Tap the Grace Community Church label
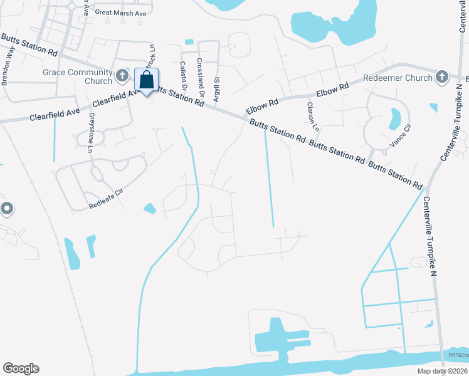pyautogui.click(x=77, y=72)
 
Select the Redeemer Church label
pyautogui.click(x=398, y=78)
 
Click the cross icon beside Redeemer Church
pyautogui.click(x=441, y=78)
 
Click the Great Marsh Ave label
pyautogui.click(x=120, y=12)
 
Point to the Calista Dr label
pyautogui.click(x=182, y=76)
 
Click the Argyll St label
pyautogui.click(x=216, y=87)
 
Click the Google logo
pyautogui.click(x=21, y=368)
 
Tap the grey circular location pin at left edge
pyautogui.click(x=7, y=209)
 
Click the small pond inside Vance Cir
pyautogui.click(x=394, y=117)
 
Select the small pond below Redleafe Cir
pyautogui.click(x=150, y=208)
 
